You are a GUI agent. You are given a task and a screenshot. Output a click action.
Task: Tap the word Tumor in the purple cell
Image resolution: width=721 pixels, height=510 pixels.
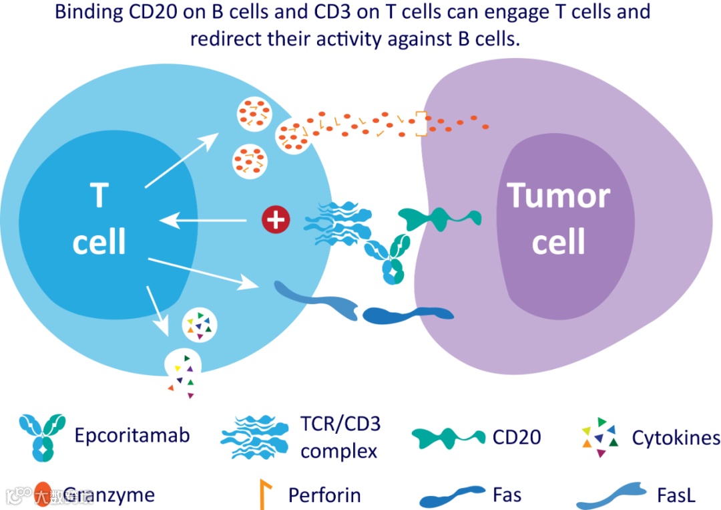(559, 196)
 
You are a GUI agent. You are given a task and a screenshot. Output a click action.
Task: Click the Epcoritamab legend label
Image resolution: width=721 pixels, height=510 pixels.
(132, 436)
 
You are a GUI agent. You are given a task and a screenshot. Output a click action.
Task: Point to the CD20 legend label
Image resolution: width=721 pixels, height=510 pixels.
(516, 437)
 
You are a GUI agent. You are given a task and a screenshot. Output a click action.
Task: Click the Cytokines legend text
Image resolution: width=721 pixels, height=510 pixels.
(676, 438)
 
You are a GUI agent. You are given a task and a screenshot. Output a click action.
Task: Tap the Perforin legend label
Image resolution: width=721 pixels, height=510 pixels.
(324, 495)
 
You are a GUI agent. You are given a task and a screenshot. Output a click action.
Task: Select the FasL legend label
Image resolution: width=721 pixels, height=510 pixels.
(676, 495)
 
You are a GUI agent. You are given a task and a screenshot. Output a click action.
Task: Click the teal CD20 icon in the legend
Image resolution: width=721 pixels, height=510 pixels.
(448, 437)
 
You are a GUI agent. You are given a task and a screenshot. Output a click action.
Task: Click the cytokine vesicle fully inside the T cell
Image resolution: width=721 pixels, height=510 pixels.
(200, 324)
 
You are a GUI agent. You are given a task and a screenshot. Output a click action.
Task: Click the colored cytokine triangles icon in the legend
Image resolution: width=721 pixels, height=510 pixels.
(599, 437)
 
